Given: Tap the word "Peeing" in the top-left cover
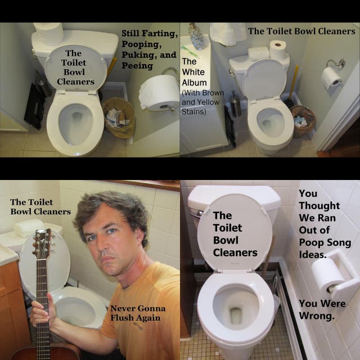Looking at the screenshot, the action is click(x=137, y=66).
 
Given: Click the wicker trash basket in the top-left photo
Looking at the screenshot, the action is click(x=119, y=118).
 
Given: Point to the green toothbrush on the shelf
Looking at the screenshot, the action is click(x=190, y=51).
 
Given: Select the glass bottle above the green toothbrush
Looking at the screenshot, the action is click(x=197, y=36).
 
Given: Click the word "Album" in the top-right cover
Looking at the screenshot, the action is click(x=194, y=83).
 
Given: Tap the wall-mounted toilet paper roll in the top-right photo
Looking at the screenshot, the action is click(x=331, y=78).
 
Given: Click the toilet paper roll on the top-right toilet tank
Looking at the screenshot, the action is click(x=277, y=49).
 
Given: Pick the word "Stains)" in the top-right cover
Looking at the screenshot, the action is click(x=193, y=112).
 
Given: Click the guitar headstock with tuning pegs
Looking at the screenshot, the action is click(x=43, y=244).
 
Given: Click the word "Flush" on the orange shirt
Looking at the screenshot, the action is click(x=121, y=318).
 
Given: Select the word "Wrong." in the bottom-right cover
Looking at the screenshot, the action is click(x=317, y=316).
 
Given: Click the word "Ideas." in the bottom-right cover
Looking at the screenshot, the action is click(x=313, y=254).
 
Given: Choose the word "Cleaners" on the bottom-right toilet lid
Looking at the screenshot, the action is click(x=235, y=253).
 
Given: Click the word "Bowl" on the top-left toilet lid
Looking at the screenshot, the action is click(x=74, y=72).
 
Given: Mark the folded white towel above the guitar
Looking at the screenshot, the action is click(x=29, y=227).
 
